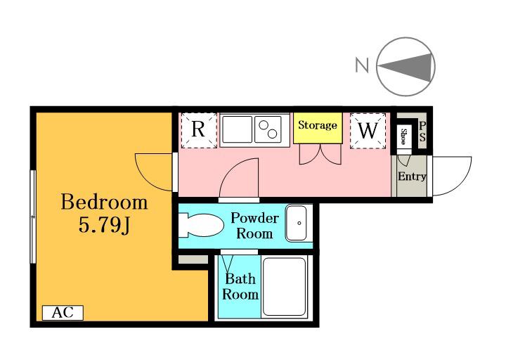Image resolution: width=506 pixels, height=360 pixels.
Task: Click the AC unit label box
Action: coord(63,312)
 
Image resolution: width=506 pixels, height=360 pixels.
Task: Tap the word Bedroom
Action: coord(104,202)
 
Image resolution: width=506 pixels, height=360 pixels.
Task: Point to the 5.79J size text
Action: coord(104,225)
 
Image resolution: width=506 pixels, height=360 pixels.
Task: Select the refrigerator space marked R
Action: coord(199,131)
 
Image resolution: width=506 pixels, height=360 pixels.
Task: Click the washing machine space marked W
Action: coord(368,131)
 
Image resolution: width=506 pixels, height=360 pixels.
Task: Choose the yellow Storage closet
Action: coord(318,128)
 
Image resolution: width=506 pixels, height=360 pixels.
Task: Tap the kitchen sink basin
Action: coord(237,129)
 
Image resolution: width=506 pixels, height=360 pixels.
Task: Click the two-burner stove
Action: coord(268,129)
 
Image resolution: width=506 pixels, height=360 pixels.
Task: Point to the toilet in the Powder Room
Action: coord(201,226)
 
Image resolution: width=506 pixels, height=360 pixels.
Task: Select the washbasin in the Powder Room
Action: coord(297,223)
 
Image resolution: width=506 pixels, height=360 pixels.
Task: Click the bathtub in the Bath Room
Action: coord(284,287)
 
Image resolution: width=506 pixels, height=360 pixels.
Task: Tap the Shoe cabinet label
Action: coord(403,136)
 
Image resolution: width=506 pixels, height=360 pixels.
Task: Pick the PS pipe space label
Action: coord(422,131)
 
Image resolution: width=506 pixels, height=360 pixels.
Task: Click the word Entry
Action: coord(412,176)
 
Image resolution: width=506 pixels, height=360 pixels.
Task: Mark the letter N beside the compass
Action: coord(362,65)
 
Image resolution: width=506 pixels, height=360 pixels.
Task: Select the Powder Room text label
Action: coord(254,226)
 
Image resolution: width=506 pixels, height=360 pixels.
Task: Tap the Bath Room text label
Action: coord(240,287)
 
